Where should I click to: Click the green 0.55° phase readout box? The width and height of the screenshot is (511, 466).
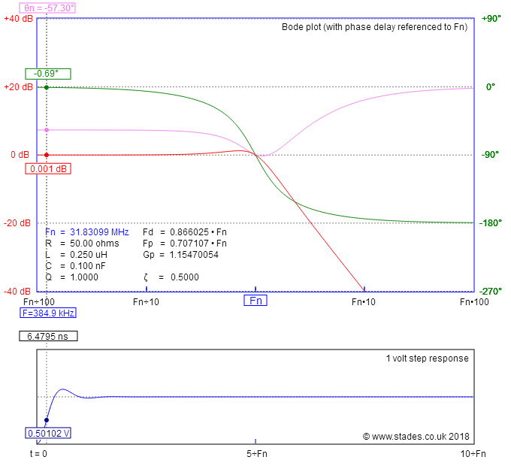(x=48, y=73)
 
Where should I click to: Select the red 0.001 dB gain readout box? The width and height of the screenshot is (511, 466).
(x=47, y=169)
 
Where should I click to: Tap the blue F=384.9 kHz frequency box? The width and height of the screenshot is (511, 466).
(x=48, y=313)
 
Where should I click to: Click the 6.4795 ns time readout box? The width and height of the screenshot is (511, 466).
(x=48, y=337)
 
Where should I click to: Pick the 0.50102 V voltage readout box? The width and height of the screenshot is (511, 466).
(x=48, y=433)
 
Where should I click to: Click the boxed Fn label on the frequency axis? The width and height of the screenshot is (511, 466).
(x=255, y=301)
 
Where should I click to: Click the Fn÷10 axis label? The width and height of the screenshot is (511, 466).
(x=146, y=301)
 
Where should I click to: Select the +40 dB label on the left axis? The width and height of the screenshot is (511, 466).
(x=17, y=18)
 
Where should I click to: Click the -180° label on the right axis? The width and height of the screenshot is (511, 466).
(x=491, y=222)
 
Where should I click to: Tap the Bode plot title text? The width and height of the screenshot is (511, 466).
(x=374, y=27)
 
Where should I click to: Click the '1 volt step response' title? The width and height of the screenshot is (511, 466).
(x=427, y=359)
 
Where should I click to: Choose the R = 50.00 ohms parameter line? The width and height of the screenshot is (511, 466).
(x=77, y=244)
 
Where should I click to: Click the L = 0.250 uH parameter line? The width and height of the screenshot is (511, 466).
(x=77, y=255)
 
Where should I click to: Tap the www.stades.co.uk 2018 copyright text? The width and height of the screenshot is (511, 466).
(x=416, y=435)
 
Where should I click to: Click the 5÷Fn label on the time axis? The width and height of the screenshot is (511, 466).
(x=255, y=453)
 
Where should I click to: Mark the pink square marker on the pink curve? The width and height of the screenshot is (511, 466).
(x=47, y=130)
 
